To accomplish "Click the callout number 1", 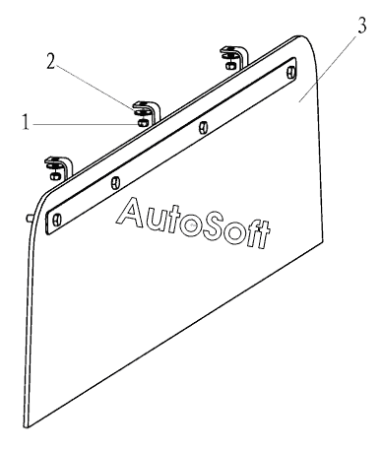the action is pyautogui.click(x=26, y=122).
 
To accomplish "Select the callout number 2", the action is pyautogui.click(x=50, y=61).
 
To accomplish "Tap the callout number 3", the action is pyautogui.click(x=361, y=26).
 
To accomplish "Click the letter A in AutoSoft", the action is pyautogui.click(x=130, y=213).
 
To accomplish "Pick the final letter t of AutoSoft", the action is pyautogui.click(x=263, y=235).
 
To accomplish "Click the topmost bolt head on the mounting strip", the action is pyautogui.click(x=291, y=73).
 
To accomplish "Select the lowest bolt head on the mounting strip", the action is pyautogui.click(x=57, y=219).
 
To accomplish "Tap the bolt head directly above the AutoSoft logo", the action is pyautogui.click(x=114, y=182).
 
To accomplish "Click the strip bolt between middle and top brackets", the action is pyautogui.click(x=203, y=127).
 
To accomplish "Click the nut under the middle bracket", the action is pyautogui.click(x=143, y=123).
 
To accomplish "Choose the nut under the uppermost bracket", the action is pyautogui.click(x=229, y=66).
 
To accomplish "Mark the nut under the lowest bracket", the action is pyautogui.click(x=54, y=176).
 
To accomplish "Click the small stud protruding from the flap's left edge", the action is pyautogui.click(x=30, y=218).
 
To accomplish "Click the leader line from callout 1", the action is pyautogui.click(x=85, y=124).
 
